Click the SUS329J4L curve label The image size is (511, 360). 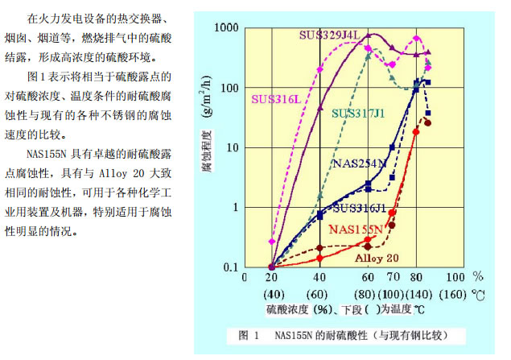pos(330,35)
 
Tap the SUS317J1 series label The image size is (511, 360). pos(358,113)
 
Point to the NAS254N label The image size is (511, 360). pos(358,163)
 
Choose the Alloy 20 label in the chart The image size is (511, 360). pos(377,258)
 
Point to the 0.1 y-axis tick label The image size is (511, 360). pos(229,267)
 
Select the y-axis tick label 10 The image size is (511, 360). pos(232,148)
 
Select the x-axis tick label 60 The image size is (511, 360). pos(368,278)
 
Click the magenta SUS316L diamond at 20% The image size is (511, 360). pos(272,241)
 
